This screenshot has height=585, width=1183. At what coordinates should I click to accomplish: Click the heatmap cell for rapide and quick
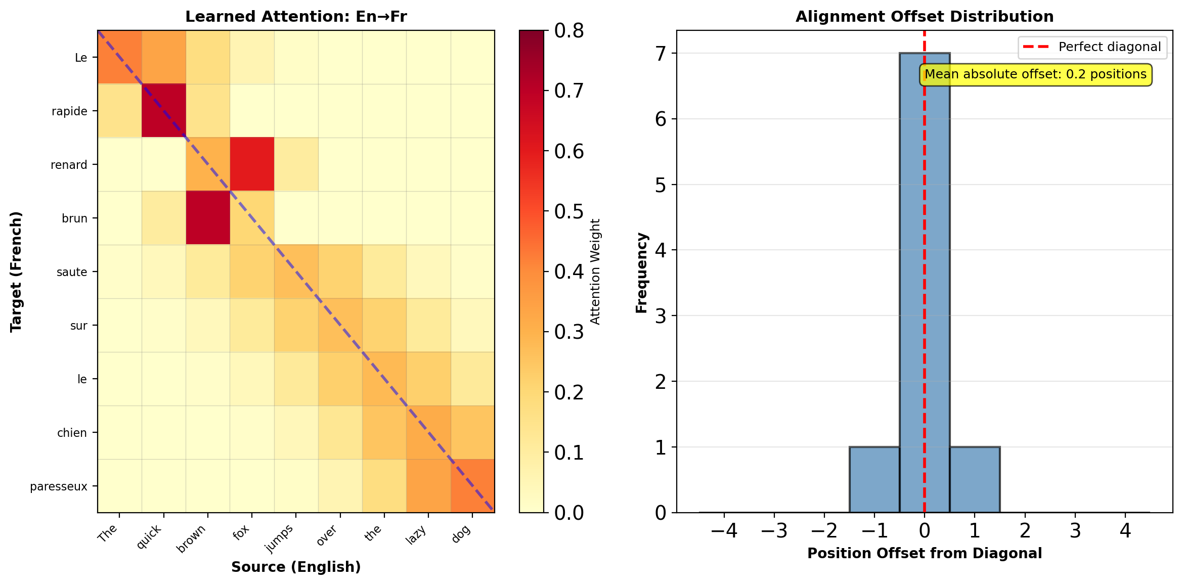163,111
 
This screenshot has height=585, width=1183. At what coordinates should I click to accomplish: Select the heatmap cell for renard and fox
252,164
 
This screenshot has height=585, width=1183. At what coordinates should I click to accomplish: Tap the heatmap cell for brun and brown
208,218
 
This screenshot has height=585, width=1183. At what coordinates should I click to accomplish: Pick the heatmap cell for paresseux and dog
472,486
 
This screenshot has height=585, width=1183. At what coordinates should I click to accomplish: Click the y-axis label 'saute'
72,272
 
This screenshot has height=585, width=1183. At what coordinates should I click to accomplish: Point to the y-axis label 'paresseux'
59,486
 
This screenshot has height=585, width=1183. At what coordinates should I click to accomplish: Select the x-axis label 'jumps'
280,538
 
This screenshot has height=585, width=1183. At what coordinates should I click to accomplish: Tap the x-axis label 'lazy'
416,534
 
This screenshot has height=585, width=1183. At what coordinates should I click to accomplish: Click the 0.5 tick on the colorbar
569,211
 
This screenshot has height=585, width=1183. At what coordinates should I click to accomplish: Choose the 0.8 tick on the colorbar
569,31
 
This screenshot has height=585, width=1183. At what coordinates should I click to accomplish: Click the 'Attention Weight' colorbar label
595,272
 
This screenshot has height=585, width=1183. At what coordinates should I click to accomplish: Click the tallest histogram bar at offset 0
925,283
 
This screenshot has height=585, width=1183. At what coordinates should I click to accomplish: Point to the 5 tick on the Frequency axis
661,185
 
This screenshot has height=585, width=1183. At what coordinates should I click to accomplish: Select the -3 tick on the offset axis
774,531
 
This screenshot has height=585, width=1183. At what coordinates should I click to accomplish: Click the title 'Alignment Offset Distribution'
925,17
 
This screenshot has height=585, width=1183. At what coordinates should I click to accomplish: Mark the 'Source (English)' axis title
296,567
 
